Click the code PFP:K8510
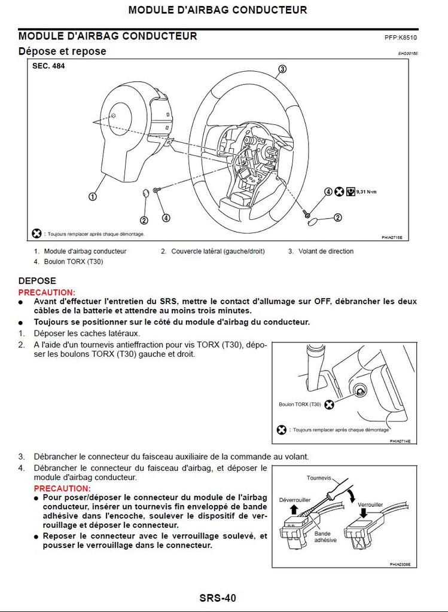pos(400,37)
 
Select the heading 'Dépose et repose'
pos(62,51)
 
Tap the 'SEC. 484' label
pos(48,66)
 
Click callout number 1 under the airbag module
pos(93,196)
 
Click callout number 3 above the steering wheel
pos(282,69)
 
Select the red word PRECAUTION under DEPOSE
pos(47,292)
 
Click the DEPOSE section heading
pos(37,281)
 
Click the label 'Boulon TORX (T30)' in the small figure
pos(300,405)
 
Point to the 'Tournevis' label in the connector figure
pos(318,478)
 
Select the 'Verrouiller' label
pos(370,504)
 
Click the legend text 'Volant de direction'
pos(326,252)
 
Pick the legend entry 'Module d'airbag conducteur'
pos(85,252)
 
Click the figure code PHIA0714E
pos(401,441)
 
